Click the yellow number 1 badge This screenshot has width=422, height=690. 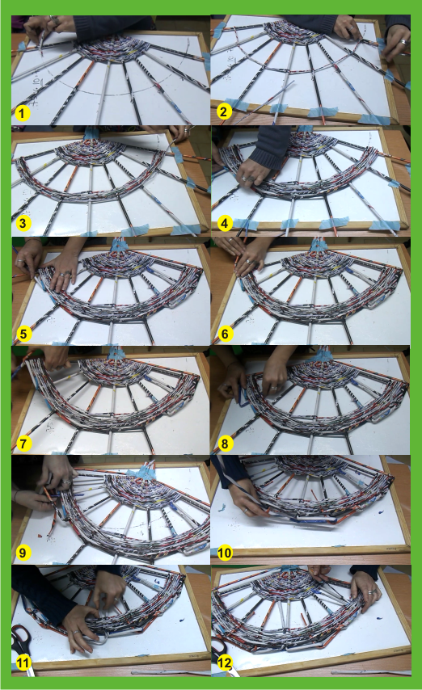click(x=22, y=114)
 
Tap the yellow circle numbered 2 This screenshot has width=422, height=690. click(x=224, y=111)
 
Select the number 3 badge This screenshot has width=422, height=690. click(x=23, y=223)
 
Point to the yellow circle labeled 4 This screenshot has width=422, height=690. click(x=225, y=224)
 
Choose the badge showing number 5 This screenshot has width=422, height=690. click(x=23, y=334)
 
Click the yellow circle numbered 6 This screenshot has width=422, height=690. click(x=225, y=334)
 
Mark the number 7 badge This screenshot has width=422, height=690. click(x=23, y=444)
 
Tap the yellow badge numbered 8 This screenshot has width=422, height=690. click(x=225, y=444)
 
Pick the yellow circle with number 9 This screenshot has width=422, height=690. click(x=23, y=553)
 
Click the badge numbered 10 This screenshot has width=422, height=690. click(x=225, y=553)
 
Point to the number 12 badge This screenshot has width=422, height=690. click(x=225, y=663)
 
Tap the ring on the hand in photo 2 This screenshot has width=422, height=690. click(x=403, y=42)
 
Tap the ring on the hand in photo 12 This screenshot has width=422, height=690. click(x=371, y=592)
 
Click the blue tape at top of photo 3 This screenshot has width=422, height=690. click(x=92, y=132)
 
